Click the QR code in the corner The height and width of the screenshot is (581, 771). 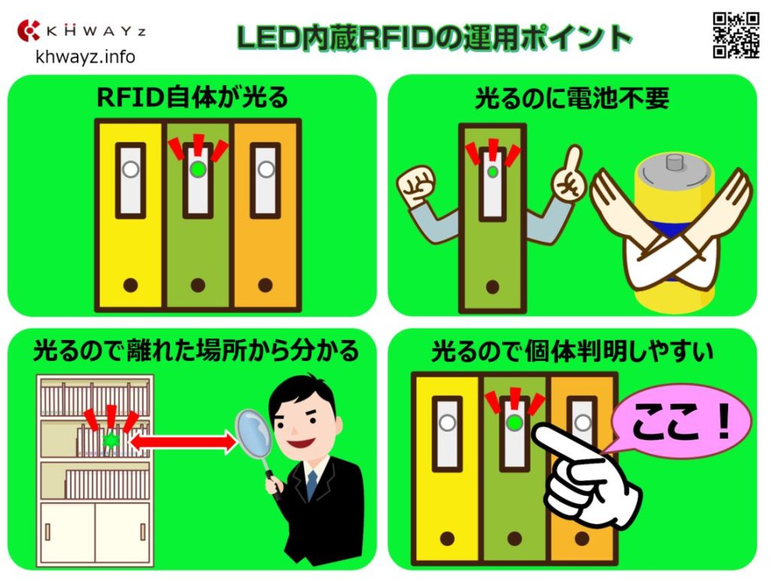click(x=735, y=35)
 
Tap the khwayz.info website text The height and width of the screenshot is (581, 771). click(x=84, y=57)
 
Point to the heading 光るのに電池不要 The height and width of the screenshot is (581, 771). click(x=571, y=99)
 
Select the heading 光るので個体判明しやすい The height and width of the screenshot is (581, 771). click(x=571, y=351)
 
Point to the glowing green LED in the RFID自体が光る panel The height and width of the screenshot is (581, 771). click(x=197, y=170)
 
